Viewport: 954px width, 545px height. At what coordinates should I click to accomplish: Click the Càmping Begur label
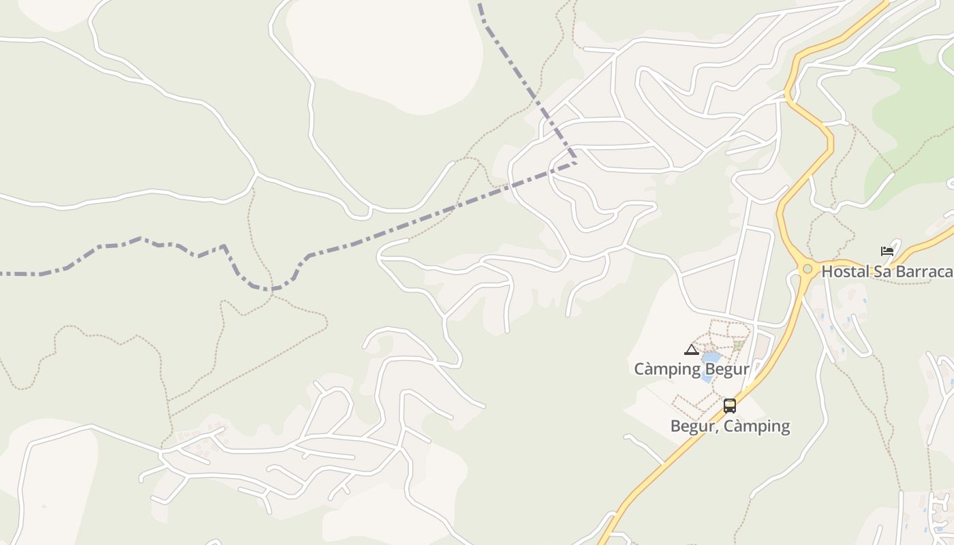coord(692,369)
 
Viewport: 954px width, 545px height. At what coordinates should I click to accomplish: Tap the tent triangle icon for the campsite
coord(691,350)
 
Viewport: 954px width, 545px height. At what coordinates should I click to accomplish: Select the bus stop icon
coord(730,406)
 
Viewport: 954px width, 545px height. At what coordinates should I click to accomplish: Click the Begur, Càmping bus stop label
coord(730,426)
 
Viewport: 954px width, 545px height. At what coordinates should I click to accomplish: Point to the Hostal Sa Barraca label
coord(887,272)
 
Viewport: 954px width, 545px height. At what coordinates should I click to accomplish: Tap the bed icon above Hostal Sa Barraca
coord(887,251)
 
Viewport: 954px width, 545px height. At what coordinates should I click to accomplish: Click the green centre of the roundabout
coord(807,269)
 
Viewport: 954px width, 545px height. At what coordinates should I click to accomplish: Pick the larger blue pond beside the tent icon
coord(711,357)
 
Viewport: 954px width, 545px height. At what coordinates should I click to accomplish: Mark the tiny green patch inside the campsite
coord(738,345)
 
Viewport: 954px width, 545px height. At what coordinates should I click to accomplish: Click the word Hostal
coord(843,272)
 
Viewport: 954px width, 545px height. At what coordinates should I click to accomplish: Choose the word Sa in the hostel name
coord(877,272)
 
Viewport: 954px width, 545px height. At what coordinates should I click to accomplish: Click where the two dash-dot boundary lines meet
coord(576,162)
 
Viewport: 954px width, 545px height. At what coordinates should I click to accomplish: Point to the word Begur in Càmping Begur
coord(728,369)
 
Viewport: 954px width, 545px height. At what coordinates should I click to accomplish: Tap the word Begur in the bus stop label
coord(692,426)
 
